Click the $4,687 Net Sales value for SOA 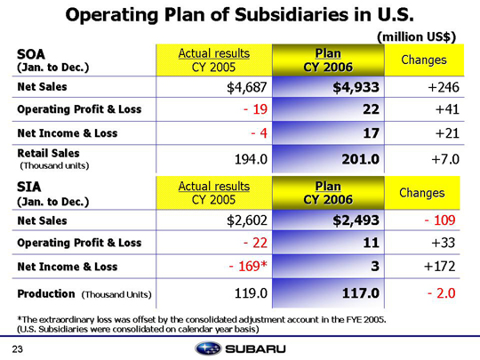pyautogui.click(x=247, y=87)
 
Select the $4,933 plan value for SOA pyautogui.click(x=356, y=87)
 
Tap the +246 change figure pyautogui.click(x=444, y=87)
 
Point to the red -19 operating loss pyautogui.click(x=255, y=109)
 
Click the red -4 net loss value pyautogui.click(x=259, y=133)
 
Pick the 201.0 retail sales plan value pyautogui.click(x=360, y=159)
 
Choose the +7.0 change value pyautogui.click(x=445, y=159)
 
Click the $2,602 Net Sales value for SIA pyautogui.click(x=247, y=220)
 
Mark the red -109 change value pyautogui.click(x=440, y=220)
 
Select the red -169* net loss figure pyautogui.click(x=248, y=267)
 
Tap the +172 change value pyautogui.click(x=440, y=267)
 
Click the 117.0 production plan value pyautogui.click(x=360, y=293)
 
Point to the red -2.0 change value pyautogui.click(x=442, y=293)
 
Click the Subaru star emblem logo pyautogui.click(x=208, y=348)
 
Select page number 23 pyautogui.click(x=18, y=349)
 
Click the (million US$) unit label pyautogui.click(x=417, y=37)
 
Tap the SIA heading pyautogui.click(x=28, y=187)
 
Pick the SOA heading pyautogui.click(x=31, y=54)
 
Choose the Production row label pyautogui.click(x=46, y=294)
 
